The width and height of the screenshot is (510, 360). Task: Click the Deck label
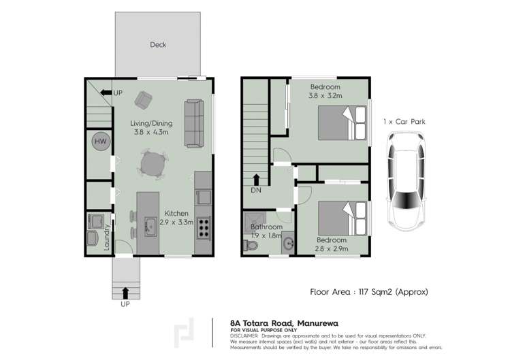pos(158,45)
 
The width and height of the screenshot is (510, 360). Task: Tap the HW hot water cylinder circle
pos(100,142)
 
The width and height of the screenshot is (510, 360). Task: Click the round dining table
pos(153,163)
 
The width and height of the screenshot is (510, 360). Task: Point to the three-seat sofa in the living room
pos(194,122)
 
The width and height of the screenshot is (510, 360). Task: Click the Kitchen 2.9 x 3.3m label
pos(174,218)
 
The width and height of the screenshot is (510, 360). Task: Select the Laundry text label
pos(107,239)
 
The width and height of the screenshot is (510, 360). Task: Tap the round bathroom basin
pos(287,242)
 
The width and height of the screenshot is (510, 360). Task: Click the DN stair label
pos(257,191)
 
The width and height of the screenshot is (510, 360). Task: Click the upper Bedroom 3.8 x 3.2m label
pos(325,91)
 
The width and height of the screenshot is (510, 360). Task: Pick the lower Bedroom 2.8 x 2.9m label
pos(332,244)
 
